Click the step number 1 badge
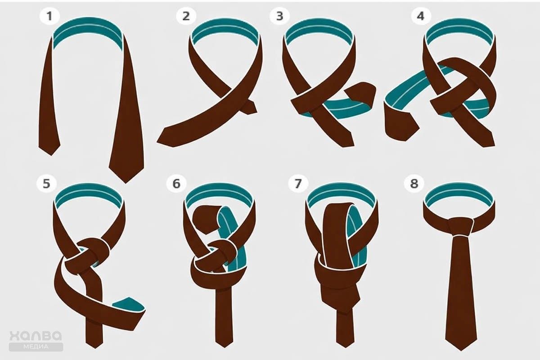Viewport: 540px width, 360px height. (49, 16)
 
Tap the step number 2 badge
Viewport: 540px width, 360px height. (186, 16)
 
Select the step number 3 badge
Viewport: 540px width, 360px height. (279, 16)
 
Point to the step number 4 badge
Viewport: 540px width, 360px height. (421, 16)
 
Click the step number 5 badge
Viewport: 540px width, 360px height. (46, 184)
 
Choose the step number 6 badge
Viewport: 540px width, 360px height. (176, 184)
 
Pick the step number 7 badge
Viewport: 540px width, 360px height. (298, 184)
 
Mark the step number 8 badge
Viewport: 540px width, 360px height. (414, 184)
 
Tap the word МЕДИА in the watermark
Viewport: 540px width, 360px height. (36, 346)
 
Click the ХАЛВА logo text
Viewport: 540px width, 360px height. (36, 335)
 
